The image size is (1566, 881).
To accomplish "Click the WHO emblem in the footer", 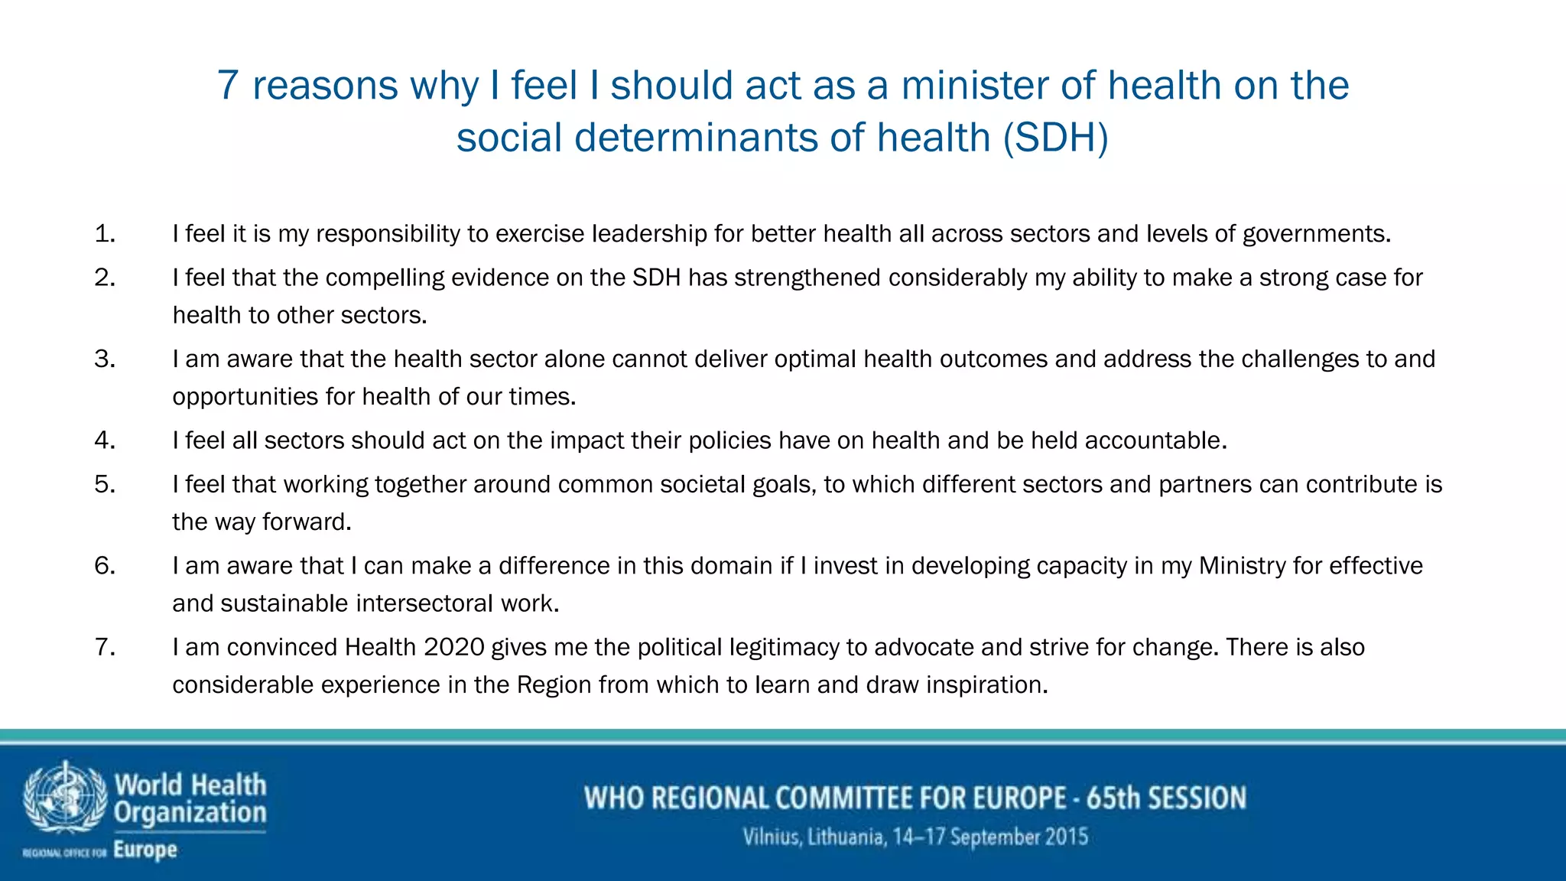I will (64, 797).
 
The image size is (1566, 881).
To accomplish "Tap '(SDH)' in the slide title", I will (1055, 138).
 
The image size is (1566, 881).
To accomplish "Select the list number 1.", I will (105, 234).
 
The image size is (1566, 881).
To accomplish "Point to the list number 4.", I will (105, 440).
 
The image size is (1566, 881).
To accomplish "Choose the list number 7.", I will (105, 648).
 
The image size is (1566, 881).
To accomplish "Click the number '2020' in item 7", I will (454, 648).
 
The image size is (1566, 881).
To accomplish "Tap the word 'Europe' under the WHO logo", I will (145, 850).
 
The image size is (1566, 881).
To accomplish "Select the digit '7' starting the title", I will (228, 86).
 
